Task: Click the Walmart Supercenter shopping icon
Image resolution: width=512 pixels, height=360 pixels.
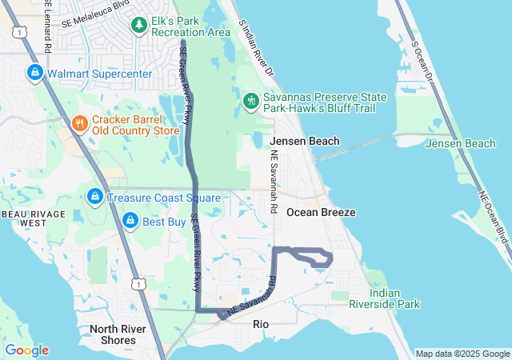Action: (34, 73)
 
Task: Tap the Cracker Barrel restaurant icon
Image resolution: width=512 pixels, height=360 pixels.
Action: (79, 123)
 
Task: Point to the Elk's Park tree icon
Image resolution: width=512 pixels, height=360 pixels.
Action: (140, 26)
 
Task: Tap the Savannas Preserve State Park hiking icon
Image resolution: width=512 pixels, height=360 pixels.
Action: (250, 102)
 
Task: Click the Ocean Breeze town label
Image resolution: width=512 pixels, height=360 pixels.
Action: (321, 212)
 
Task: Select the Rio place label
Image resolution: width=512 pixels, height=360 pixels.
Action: (261, 324)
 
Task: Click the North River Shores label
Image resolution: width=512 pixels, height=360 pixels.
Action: (113, 334)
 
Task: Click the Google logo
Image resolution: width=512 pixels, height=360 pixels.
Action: (26, 350)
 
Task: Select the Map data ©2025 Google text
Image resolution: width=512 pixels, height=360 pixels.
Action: (462, 354)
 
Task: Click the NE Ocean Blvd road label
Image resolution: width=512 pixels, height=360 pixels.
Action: (494, 217)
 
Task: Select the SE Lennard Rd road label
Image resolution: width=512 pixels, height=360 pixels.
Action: (50, 27)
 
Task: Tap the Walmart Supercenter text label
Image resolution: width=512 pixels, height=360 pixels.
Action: (99, 74)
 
